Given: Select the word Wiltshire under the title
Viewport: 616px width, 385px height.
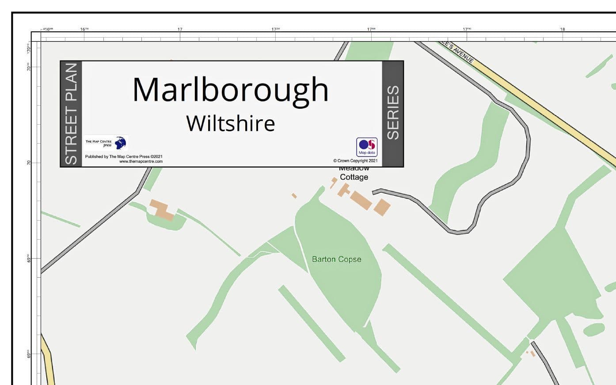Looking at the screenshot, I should click(x=230, y=123).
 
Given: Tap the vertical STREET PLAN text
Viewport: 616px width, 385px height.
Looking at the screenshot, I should click(x=71, y=114).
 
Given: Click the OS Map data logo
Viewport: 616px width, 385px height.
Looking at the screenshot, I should click(x=367, y=147).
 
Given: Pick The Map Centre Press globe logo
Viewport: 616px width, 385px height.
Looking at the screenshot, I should click(x=120, y=143).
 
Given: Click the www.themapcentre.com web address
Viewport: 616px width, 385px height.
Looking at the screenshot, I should click(x=141, y=161).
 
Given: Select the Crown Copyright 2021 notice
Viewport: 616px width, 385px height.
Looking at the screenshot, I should click(x=355, y=161).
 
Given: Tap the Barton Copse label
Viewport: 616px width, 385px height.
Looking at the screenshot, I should click(x=336, y=259).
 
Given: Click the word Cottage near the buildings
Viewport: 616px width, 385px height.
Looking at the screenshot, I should click(x=354, y=177).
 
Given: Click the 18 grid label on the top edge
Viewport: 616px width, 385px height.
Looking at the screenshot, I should click(x=562, y=29).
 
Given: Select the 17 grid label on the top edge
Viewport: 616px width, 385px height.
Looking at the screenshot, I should click(x=180, y=29).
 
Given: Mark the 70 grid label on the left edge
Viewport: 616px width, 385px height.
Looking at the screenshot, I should click(x=29, y=163).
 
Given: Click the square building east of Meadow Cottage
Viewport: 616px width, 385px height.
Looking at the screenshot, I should click(x=382, y=207).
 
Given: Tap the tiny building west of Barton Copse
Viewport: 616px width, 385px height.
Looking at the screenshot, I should click(x=294, y=195).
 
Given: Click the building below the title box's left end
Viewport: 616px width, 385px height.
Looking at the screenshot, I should click(x=162, y=210).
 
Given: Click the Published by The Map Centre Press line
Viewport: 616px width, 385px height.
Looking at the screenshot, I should click(x=124, y=156).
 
